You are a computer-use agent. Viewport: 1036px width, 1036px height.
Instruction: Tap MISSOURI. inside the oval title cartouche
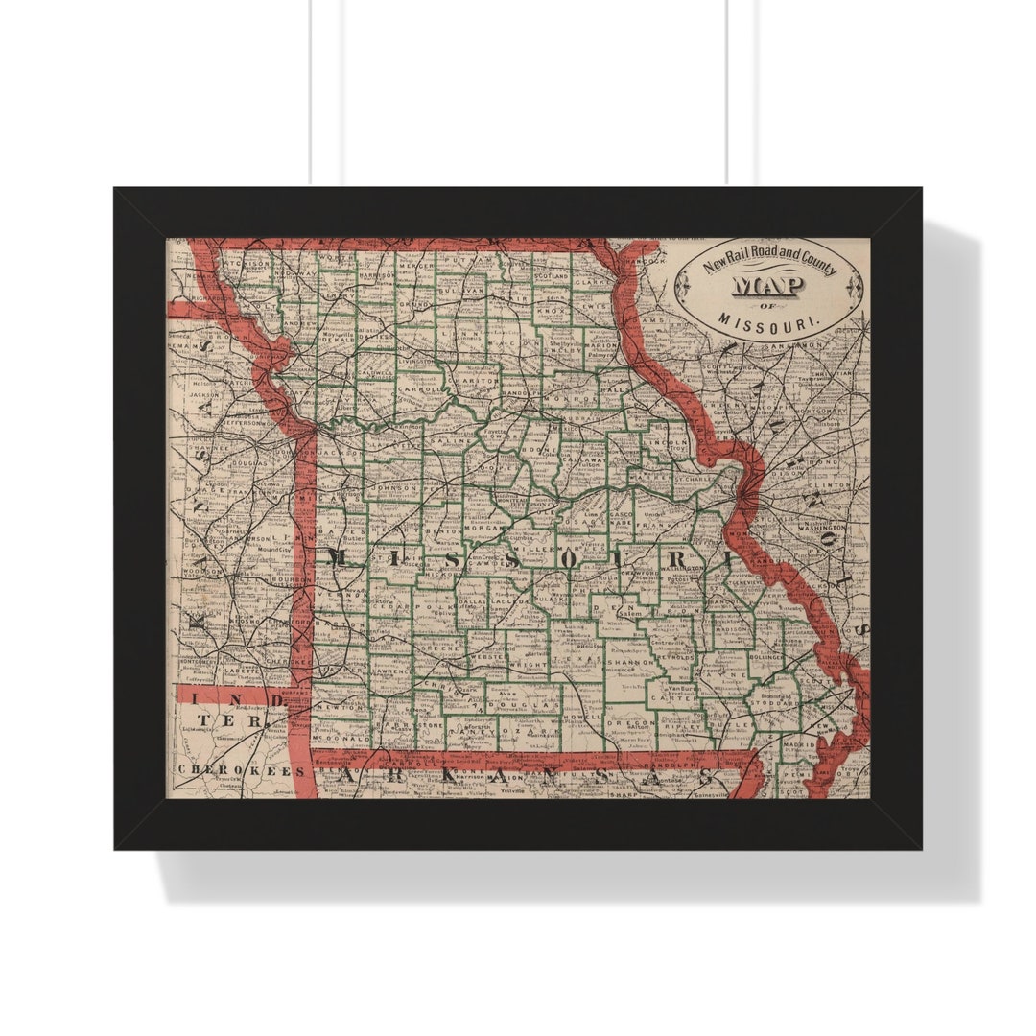pyautogui.click(x=768, y=319)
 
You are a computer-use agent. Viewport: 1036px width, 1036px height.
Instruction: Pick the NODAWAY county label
pyautogui.click(x=295, y=272)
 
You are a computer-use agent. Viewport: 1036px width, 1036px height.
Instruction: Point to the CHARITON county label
pyautogui.click(x=476, y=380)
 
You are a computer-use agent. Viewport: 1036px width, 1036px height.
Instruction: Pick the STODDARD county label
pyautogui.click(x=778, y=701)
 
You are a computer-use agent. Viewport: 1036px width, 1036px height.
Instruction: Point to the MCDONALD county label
pyautogui.click(x=343, y=740)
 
